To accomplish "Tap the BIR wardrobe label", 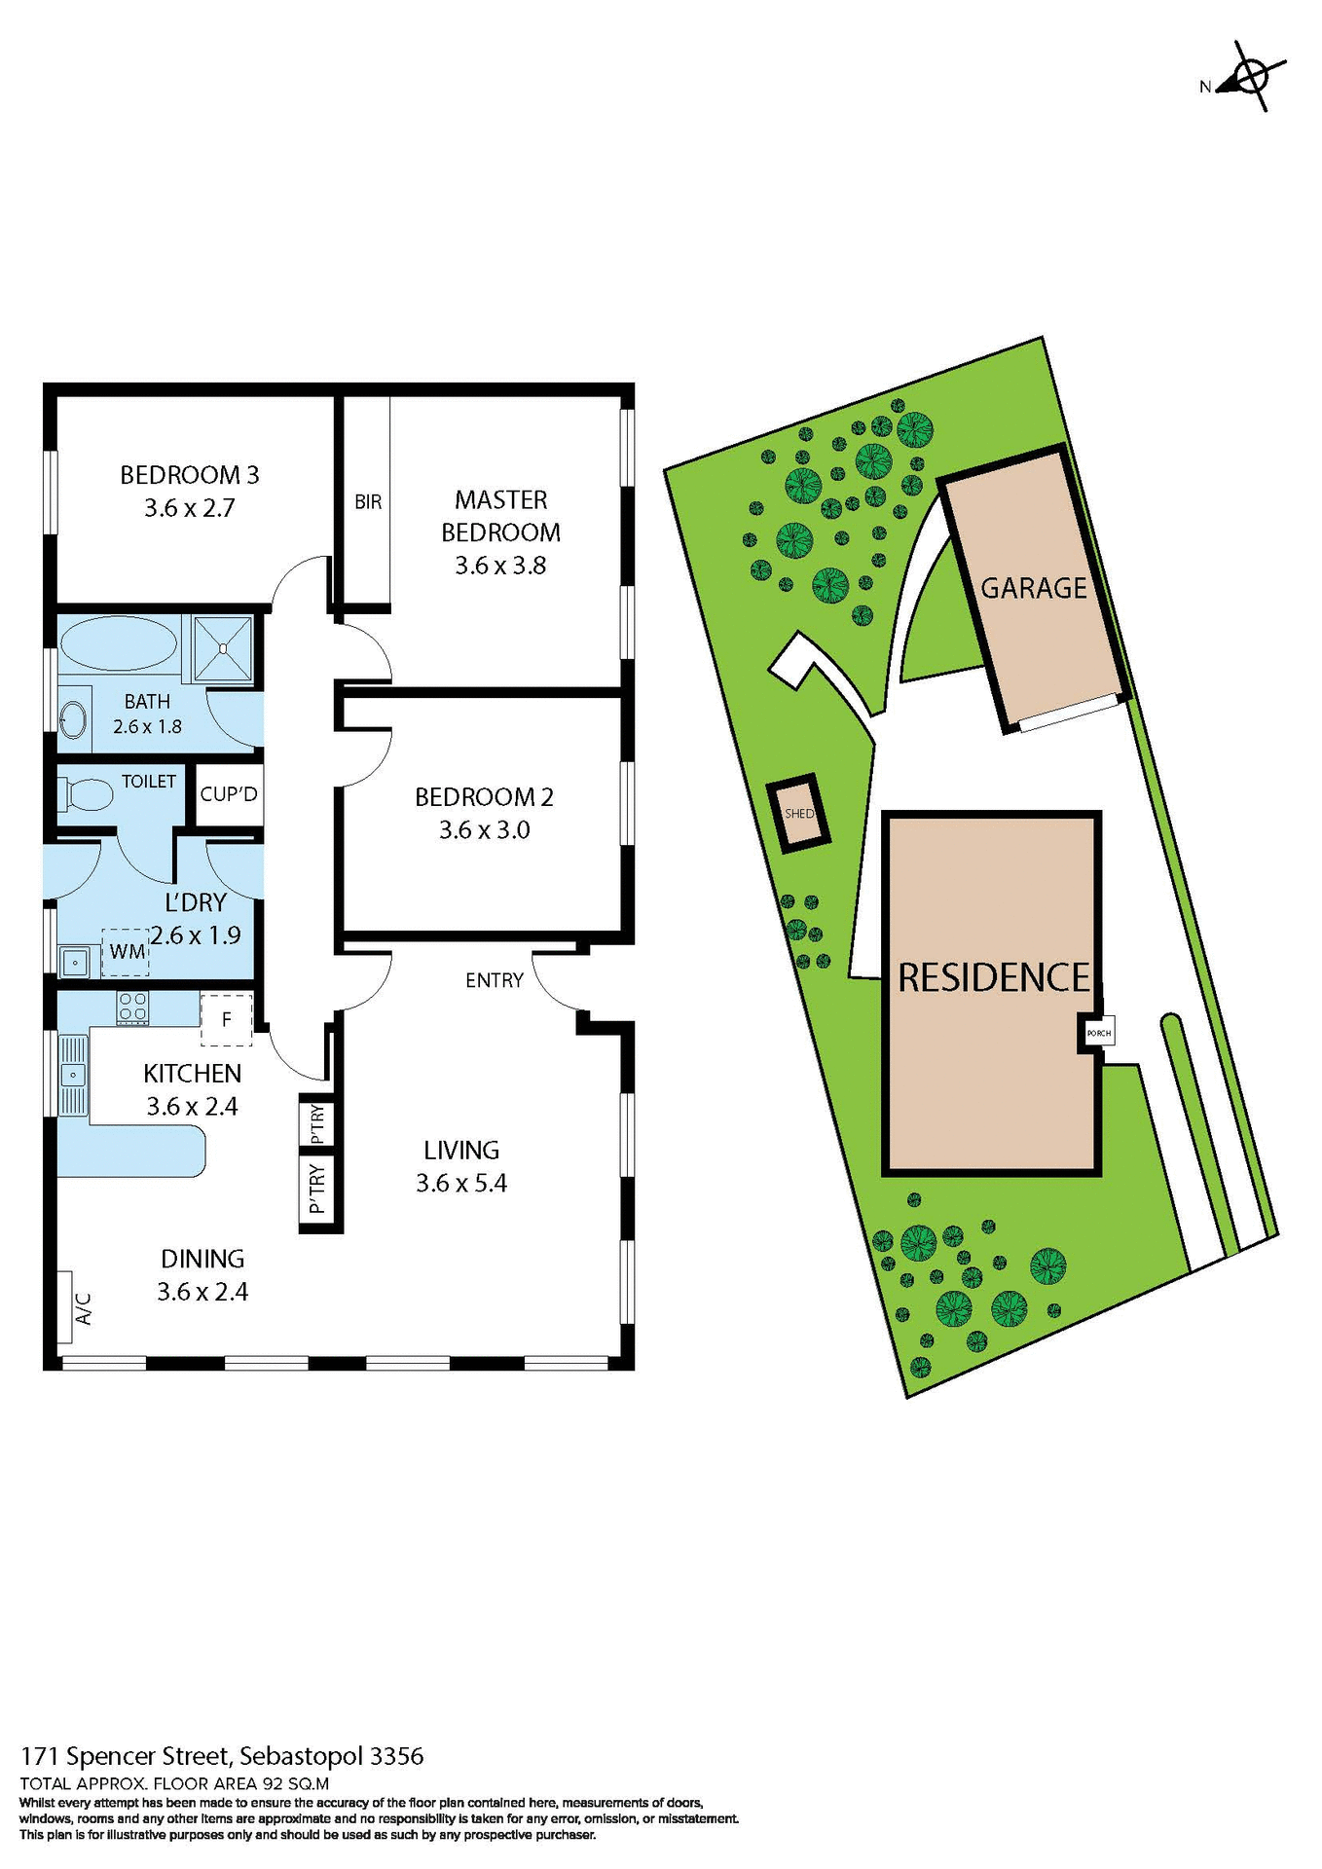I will (x=368, y=502).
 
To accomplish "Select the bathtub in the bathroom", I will (x=119, y=643).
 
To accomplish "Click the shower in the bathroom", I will (x=223, y=647).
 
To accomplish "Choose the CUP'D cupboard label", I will (x=229, y=794).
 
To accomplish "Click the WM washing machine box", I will (x=127, y=951).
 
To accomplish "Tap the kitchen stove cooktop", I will (x=132, y=1007).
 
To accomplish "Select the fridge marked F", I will (x=226, y=1019).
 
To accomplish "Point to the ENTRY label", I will (x=495, y=980).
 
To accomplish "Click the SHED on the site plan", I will (x=799, y=814).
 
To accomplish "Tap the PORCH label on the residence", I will (x=1098, y=1033).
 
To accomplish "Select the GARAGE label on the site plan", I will (x=1033, y=588).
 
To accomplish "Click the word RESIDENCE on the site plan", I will (x=993, y=977).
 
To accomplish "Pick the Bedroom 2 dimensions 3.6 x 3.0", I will (x=484, y=830).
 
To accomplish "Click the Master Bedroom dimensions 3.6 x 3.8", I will (x=500, y=566).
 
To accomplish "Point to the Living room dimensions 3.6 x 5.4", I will (x=461, y=1184).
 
